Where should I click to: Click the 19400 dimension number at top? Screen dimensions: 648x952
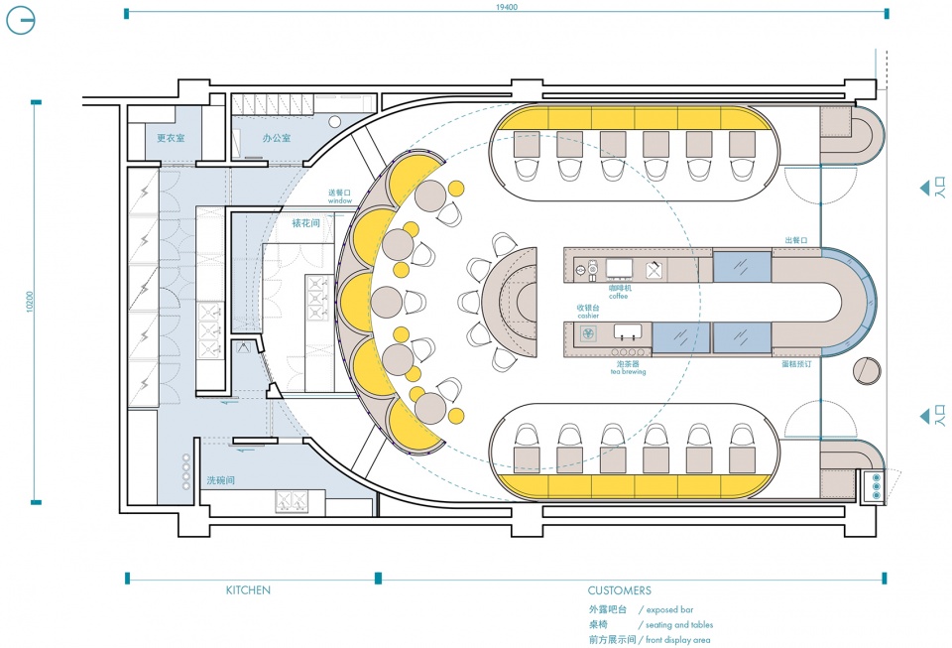tap(507, 7)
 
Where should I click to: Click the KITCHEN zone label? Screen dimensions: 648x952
tap(248, 590)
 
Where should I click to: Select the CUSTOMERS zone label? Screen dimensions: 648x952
tap(619, 590)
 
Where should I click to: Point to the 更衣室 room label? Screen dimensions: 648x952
tap(172, 138)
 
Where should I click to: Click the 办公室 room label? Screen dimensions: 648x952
tap(277, 138)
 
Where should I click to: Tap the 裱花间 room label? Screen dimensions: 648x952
tap(305, 224)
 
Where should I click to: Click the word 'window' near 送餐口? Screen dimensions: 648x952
tap(340, 200)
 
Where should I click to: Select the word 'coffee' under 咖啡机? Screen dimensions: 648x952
tap(620, 296)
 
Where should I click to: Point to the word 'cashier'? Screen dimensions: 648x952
tap(589, 315)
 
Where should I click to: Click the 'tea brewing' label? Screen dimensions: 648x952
tap(629, 372)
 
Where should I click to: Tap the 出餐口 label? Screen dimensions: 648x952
tap(797, 240)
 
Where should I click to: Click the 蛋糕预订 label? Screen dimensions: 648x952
tap(797, 364)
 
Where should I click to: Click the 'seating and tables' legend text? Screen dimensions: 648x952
tap(679, 625)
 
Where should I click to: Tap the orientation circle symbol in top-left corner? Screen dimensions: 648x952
tap(21, 21)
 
